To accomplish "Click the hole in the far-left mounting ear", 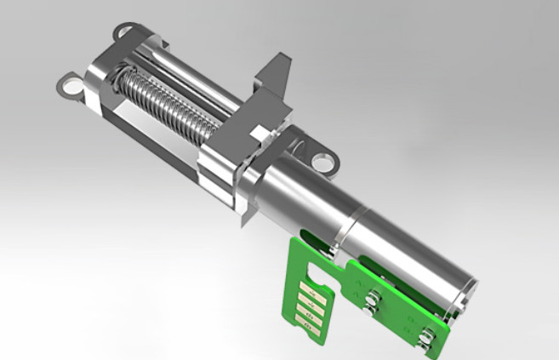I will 67,84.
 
